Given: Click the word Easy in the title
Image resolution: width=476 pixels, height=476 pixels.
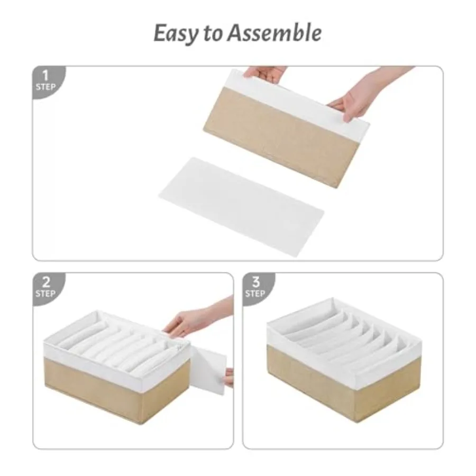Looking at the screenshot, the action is pos(176,34).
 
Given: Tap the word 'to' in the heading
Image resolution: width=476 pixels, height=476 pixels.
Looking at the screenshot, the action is pos(213,33).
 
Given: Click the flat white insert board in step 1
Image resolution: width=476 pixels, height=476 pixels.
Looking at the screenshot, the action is pos(242,206).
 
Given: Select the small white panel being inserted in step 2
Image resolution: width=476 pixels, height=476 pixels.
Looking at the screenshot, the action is pos(209,371).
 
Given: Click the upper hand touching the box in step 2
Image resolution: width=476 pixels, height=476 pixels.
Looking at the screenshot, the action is pos(194,321).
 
